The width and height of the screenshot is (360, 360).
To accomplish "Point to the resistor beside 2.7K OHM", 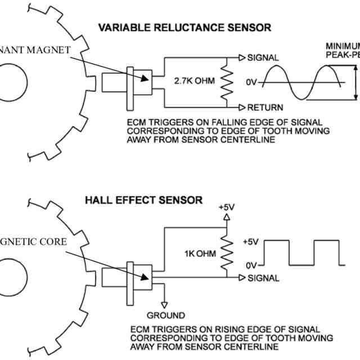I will point(228,82).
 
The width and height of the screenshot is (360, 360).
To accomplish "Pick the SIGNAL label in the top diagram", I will point(263,58).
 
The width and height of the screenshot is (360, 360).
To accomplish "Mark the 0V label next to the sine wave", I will point(250,83).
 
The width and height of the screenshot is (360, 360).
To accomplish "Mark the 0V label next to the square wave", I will point(250,264).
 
